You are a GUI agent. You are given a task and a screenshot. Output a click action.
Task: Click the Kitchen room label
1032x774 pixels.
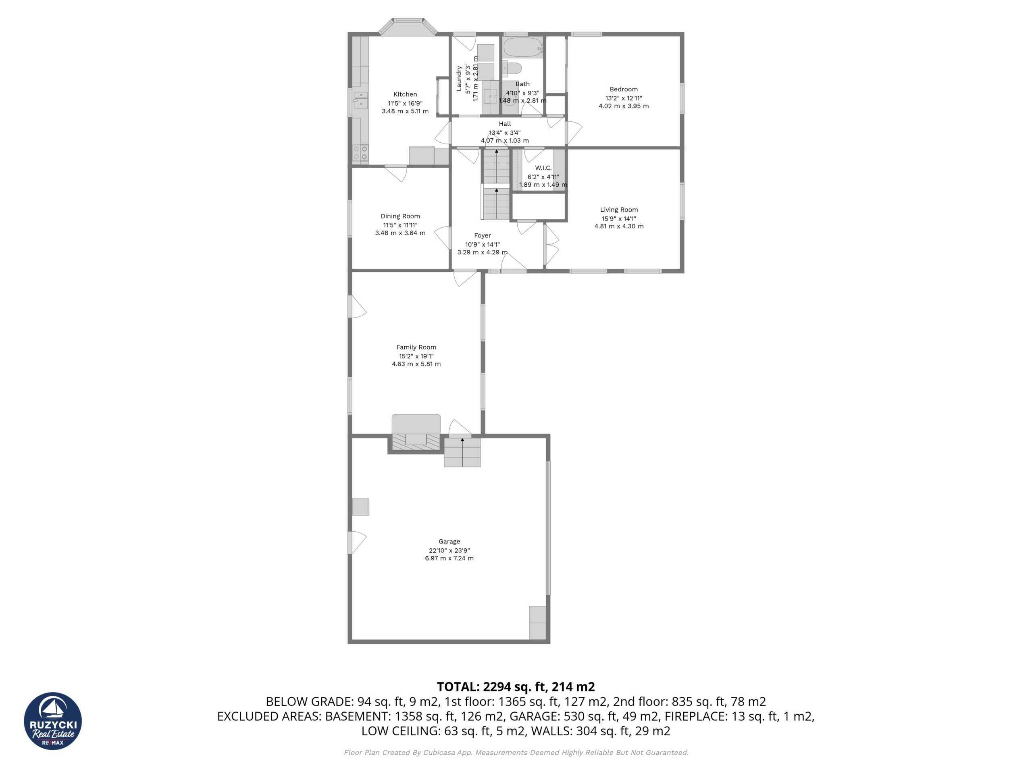click(x=405, y=94)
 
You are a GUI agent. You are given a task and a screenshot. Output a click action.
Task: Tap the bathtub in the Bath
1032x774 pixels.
click(x=523, y=47)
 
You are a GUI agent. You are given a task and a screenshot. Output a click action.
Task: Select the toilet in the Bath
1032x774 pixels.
click(x=512, y=69)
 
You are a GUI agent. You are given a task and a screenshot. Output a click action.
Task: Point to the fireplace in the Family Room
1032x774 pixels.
click(x=416, y=433)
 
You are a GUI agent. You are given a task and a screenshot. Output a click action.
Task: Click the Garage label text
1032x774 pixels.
click(x=449, y=541)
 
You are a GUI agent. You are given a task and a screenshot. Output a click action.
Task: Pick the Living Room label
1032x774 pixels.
click(x=619, y=210)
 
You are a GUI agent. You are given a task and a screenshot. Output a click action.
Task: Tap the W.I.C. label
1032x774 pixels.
click(x=543, y=167)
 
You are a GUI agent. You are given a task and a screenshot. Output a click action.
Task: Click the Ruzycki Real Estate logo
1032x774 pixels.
click(x=53, y=721)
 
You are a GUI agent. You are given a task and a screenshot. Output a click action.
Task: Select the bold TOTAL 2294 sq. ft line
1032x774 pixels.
click(x=516, y=686)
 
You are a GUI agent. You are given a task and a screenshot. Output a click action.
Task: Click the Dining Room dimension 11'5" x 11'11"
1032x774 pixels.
click(x=400, y=225)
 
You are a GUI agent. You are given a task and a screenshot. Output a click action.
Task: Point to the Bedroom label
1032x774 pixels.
click(x=623, y=89)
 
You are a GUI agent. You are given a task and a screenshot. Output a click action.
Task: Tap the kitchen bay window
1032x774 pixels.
click(x=408, y=27)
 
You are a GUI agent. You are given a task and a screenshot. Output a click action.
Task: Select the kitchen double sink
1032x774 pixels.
click(x=360, y=100)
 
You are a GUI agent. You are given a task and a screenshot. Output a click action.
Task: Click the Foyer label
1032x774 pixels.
click(x=483, y=235)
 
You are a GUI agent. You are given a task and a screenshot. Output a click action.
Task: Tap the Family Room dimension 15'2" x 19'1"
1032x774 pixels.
click(x=416, y=356)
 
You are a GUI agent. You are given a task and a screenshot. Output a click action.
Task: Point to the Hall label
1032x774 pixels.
click(x=505, y=124)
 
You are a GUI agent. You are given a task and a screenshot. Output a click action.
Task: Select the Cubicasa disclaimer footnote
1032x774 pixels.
click(x=516, y=753)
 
